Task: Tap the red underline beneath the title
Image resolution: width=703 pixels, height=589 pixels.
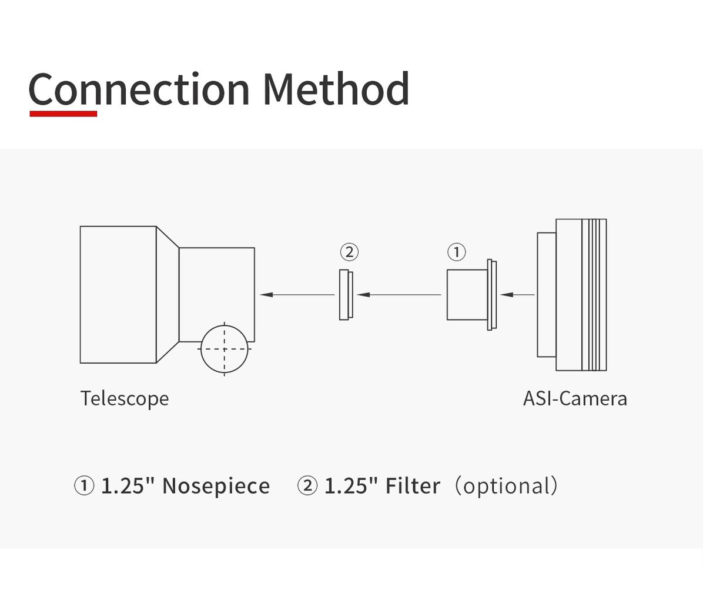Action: [63, 114]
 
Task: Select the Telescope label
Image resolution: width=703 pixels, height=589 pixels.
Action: [125, 398]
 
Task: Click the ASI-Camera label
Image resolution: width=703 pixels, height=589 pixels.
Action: [575, 398]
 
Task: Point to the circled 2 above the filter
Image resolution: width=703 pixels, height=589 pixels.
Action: [349, 252]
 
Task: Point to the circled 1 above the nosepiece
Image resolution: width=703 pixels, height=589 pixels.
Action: [456, 252]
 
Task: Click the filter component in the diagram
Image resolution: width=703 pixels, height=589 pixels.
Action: [346, 294]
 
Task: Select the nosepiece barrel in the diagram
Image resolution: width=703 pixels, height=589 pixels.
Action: [467, 294]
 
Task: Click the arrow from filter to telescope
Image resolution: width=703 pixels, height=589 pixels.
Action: [297, 294]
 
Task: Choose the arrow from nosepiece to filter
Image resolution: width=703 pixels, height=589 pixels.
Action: [399, 294]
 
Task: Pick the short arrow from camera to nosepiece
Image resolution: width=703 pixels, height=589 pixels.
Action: [517, 294]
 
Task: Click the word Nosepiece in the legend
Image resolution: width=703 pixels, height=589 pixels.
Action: [216, 486]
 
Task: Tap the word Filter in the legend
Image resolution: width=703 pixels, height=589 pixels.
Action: [413, 486]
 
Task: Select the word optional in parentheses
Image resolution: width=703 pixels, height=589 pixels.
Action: [506, 486]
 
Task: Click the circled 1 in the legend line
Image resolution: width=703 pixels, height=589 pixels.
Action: [84, 486]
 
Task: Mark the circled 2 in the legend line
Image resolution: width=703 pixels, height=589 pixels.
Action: [307, 486]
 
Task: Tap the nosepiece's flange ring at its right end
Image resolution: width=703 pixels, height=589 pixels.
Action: [492, 294]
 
